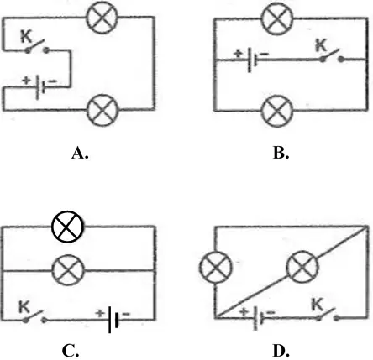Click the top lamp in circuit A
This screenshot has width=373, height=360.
[x=102, y=18]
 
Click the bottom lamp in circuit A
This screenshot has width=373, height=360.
[x=102, y=110]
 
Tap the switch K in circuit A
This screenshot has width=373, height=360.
[x=37, y=47]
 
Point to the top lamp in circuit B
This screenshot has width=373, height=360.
[x=277, y=18]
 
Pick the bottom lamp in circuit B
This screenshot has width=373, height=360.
[x=277, y=111]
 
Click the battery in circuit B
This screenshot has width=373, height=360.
[x=252, y=60]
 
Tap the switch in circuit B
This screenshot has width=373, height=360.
[x=332, y=56]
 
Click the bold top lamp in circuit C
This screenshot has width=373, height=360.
[x=67, y=227]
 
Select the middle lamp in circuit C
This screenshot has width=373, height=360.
[x=68, y=270]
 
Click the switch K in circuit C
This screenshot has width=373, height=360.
[x=34, y=316]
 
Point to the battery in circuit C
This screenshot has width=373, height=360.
[x=113, y=320]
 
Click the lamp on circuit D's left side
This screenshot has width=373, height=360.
[x=216, y=267]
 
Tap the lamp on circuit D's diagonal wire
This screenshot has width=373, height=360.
[x=302, y=267]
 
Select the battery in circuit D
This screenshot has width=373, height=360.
[x=259, y=318]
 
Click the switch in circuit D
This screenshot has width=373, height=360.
[x=328, y=315]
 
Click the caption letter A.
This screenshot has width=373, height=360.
[x=80, y=154]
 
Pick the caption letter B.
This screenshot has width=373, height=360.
[x=281, y=154]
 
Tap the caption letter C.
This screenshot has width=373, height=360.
[x=71, y=351]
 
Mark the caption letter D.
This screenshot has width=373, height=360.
[x=281, y=351]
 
